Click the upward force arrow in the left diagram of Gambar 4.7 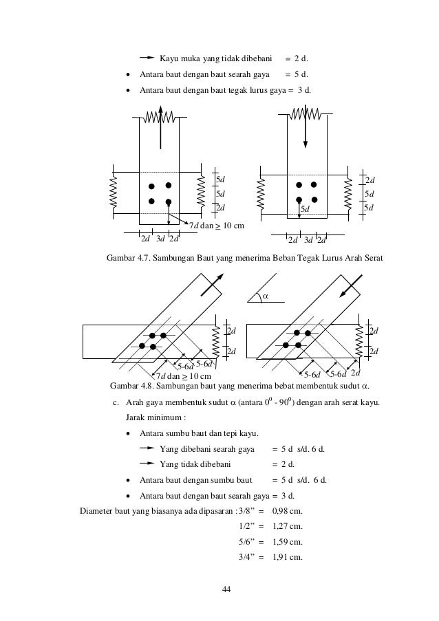160,127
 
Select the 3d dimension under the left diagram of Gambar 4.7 160,239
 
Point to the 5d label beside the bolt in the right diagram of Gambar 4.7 305,208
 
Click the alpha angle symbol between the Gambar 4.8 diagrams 265,296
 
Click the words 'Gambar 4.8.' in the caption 133,385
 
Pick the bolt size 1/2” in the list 244,526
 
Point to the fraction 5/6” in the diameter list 244,541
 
